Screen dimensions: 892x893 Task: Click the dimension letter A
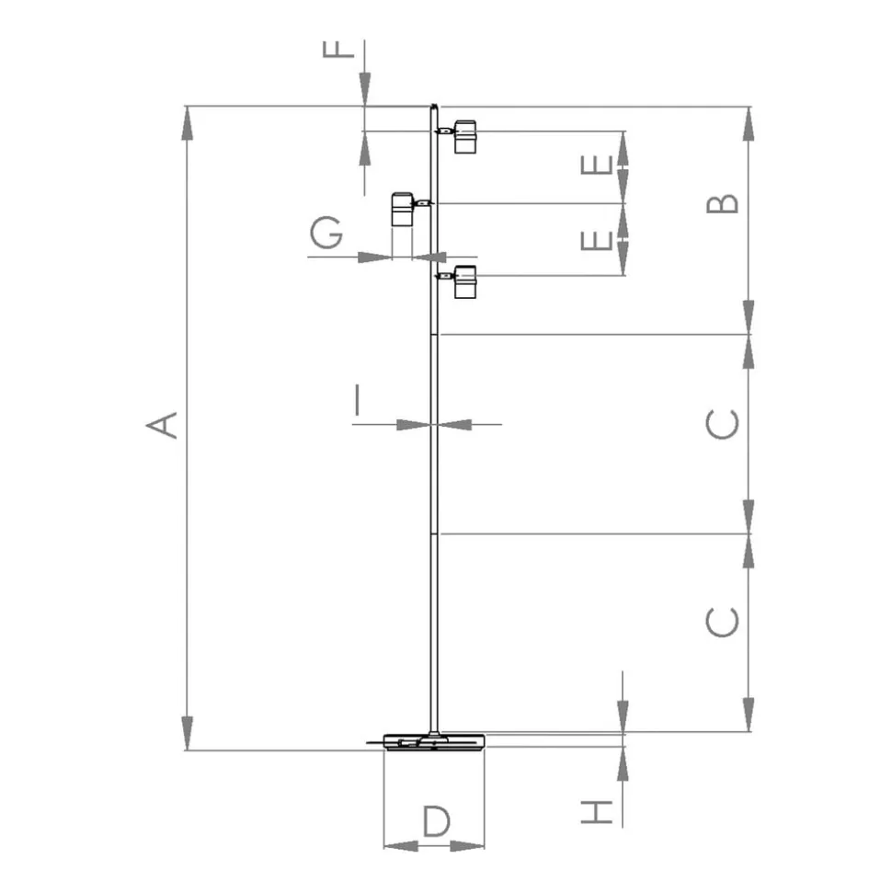(x=163, y=425)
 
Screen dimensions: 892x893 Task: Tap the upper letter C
(x=722, y=424)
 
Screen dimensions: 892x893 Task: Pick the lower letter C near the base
(x=722, y=622)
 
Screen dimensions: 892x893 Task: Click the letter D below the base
(x=436, y=820)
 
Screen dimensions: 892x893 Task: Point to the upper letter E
(x=597, y=166)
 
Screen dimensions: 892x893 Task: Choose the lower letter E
(x=597, y=241)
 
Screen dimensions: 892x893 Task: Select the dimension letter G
(x=326, y=233)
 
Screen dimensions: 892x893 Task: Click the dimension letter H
(x=597, y=812)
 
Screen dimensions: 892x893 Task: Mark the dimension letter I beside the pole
(x=357, y=400)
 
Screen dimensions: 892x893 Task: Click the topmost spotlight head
(x=464, y=137)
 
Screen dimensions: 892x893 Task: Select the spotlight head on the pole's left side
(x=402, y=209)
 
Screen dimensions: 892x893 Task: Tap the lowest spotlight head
(x=464, y=282)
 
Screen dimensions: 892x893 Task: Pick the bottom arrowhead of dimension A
(x=187, y=734)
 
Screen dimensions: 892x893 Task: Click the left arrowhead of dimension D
(x=401, y=846)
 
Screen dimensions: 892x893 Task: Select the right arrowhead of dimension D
(x=467, y=846)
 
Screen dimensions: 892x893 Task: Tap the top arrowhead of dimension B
(x=749, y=123)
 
